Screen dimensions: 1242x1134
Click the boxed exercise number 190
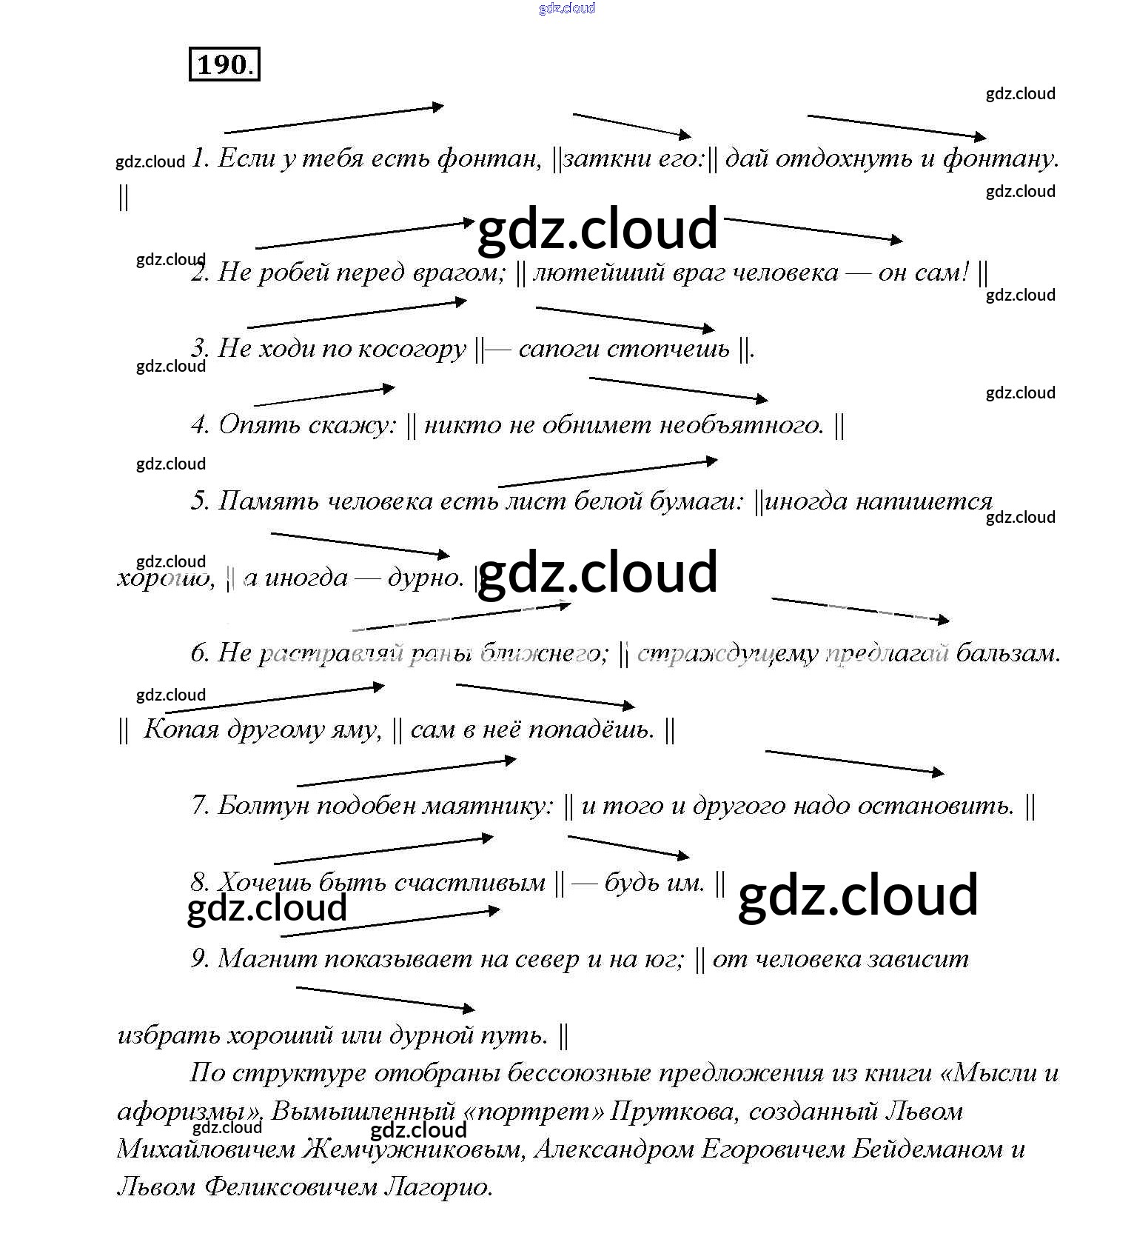224,64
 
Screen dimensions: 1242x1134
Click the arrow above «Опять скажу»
324,395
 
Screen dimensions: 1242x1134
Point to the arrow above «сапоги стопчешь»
625,318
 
